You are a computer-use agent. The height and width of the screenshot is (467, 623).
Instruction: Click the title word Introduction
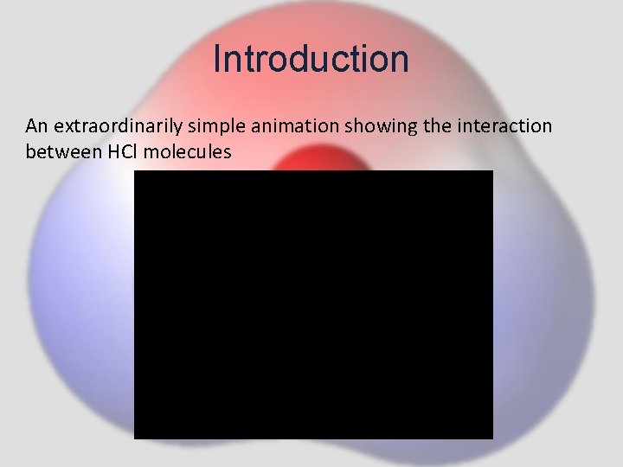pos(311,59)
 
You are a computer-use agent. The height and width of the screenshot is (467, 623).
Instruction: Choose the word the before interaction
pos(434,126)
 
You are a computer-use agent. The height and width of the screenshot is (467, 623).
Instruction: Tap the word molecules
pos(191,152)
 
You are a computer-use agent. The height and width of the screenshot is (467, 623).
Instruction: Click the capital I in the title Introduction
pos(216,59)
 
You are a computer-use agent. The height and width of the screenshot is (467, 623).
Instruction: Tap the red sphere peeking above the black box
pos(312,159)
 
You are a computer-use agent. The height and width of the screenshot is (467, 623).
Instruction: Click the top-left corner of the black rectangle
pos(134,171)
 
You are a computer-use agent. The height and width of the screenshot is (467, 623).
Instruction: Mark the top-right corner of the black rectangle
pos(492,171)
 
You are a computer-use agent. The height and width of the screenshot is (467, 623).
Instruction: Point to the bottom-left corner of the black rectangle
pos(134,438)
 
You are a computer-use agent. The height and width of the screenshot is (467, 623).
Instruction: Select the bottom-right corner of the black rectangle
pos(492,438)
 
